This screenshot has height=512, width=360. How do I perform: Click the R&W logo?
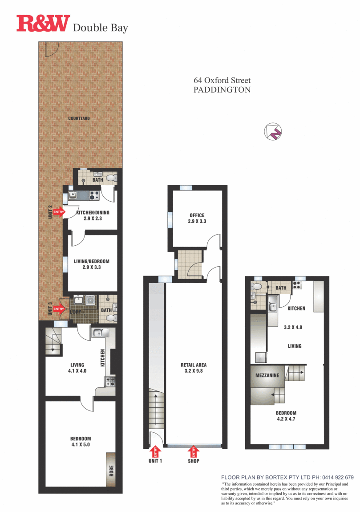pos(43,24)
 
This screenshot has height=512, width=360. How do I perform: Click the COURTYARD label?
pos(79,118)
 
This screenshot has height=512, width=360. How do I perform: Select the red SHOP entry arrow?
pos(194,451)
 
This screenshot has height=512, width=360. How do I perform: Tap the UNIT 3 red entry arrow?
pos(59,308)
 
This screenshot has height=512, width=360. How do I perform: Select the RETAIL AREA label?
pos(193,365)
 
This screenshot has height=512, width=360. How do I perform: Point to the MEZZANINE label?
pos(267,375)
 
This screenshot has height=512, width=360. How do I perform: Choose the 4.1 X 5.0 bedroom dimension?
pos(81,444)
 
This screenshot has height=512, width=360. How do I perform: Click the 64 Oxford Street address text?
pos(222,81)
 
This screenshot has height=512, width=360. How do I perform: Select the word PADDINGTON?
pos(222,89)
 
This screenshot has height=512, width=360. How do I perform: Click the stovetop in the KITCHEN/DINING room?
pos(94,195)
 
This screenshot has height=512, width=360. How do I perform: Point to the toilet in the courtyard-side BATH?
pos(114,178)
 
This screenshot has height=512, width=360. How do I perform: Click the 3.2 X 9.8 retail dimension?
pos(193,371)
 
